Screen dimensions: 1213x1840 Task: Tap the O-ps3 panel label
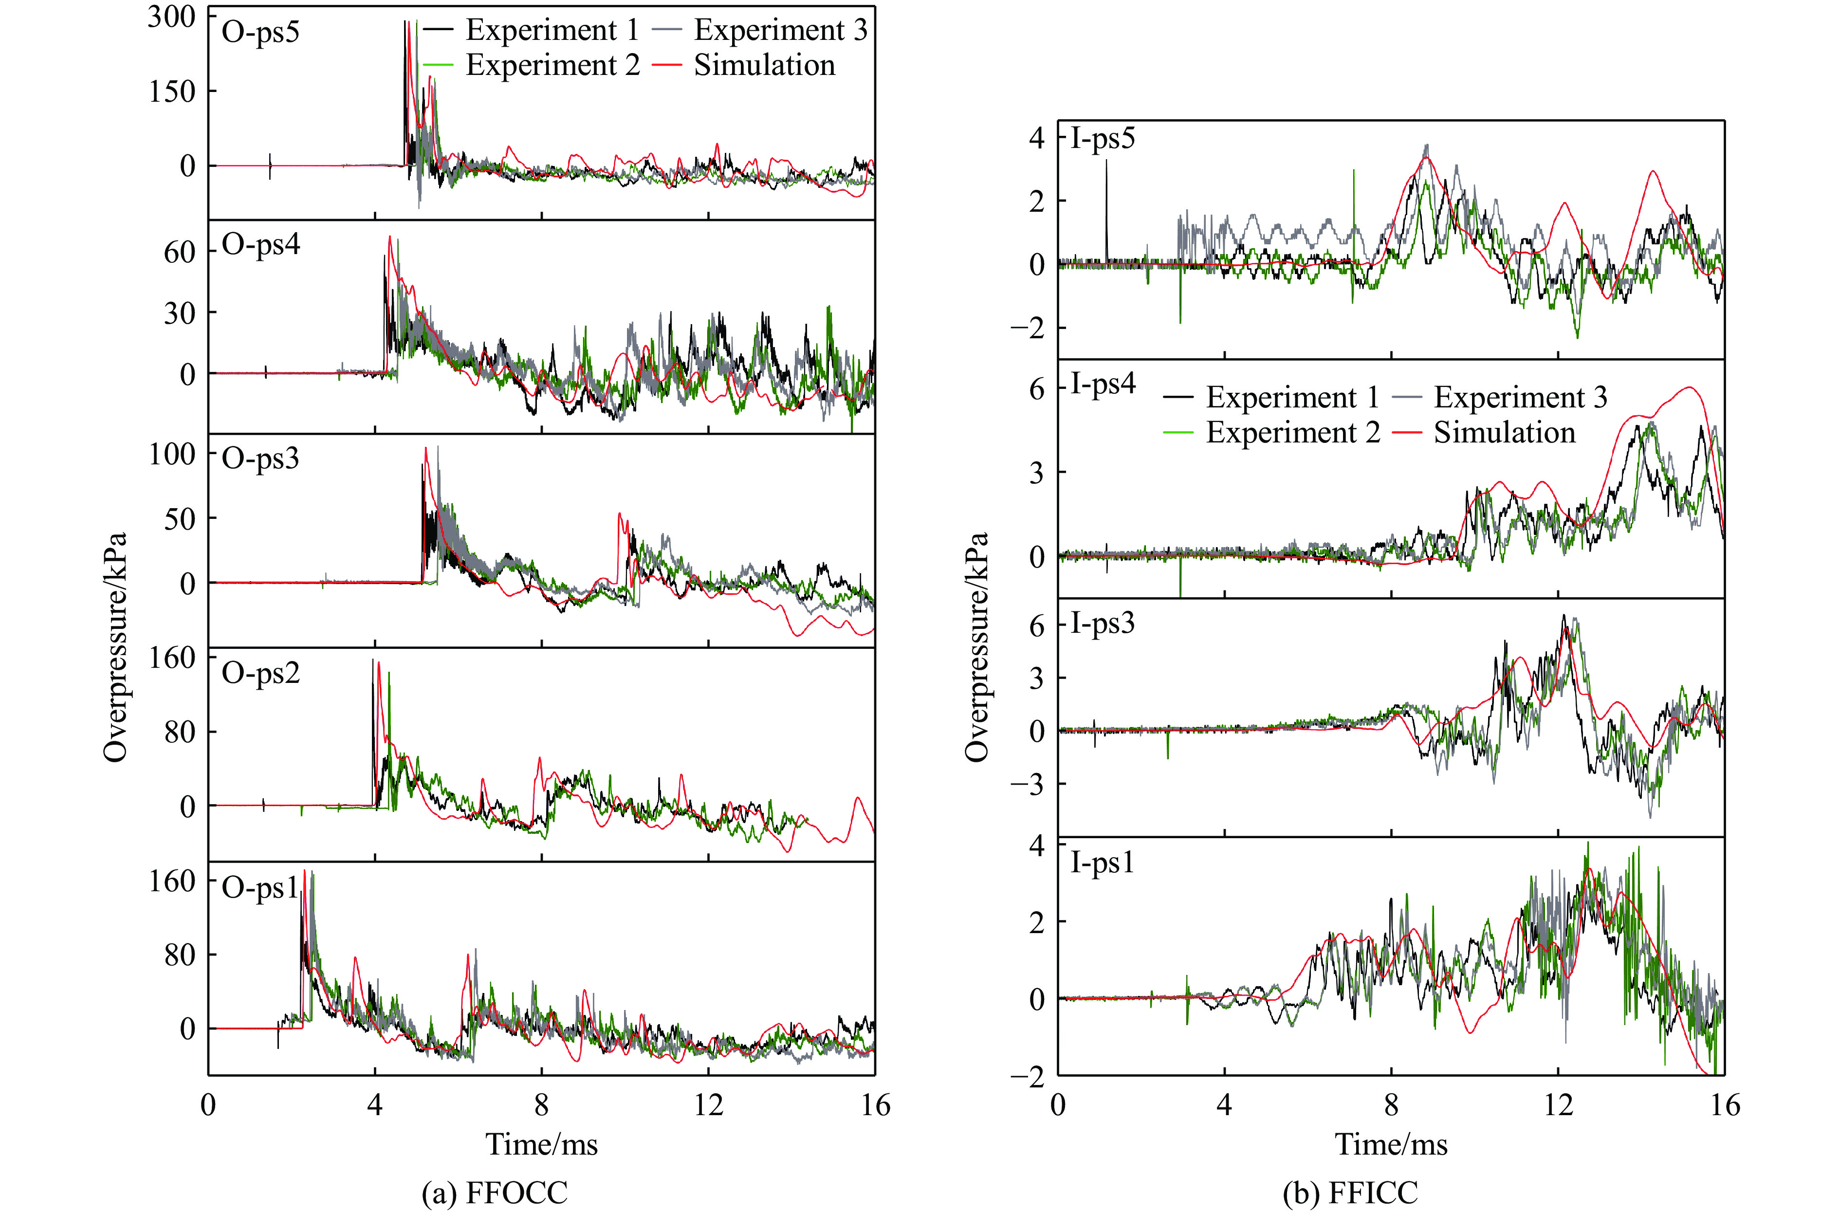[x=260, y=459]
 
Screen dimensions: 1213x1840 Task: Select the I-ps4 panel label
[x=1103, y=384]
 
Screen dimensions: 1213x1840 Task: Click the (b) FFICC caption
[x=1350, y=1192]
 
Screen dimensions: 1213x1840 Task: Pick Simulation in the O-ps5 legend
[x=764, y=66]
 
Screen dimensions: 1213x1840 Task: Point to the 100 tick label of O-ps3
[x=172, y=454]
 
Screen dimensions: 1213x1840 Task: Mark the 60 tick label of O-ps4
[x=180, y=252]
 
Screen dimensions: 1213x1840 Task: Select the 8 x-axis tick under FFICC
[x=1391, y=1105]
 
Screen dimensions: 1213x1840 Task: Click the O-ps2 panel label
[x=260, y=674]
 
